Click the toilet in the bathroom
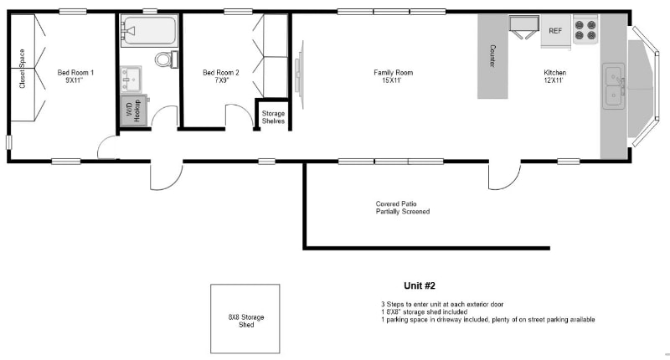(167, 59)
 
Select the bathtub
(149, 30)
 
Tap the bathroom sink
(131, 79)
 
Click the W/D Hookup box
(134, 111)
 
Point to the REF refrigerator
(555, 31)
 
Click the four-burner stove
(585, 29)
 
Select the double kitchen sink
(614, 86)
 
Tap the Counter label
(492, 56)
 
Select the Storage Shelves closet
(274, 114)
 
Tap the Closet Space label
(23, 69)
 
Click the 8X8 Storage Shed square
(245, 319)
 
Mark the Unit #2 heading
(420, 285)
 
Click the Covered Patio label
(396, 203)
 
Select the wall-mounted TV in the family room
(299, 75)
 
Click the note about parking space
(488, 320)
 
